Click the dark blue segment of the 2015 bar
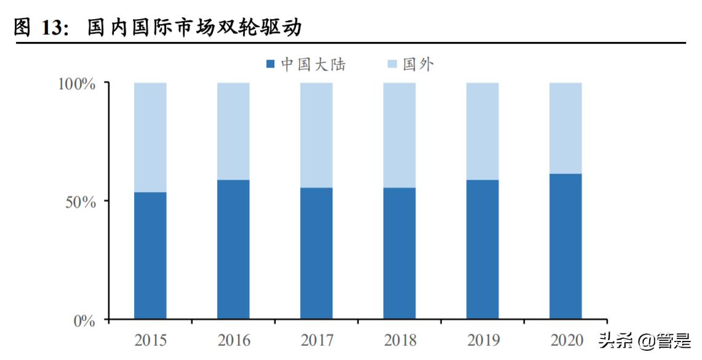coord(150,255)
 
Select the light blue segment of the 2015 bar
coord(150,137)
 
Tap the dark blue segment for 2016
coord(233,249)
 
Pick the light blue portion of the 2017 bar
coord(316,134)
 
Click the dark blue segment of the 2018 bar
coord(399,253)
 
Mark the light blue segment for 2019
coord(482,130)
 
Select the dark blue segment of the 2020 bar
coord(565,246)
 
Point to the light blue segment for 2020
coord(565,127)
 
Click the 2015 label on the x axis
coord(150,339)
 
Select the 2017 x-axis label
coord(316,339)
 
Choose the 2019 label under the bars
coord(482,339)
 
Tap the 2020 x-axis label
coord(565,339)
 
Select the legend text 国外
coord(418,64)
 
